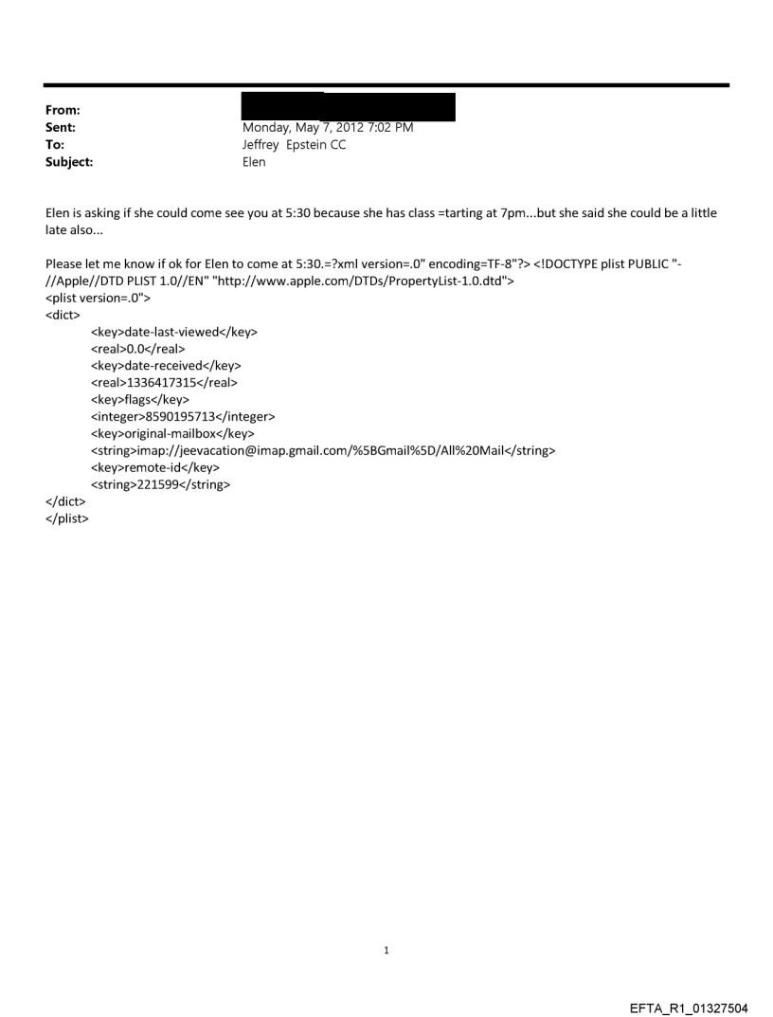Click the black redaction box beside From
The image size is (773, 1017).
[x=348, y=106]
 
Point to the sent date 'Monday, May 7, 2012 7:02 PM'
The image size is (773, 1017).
[x=328, y=127]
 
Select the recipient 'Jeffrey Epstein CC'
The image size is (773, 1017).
[x=295, y=145]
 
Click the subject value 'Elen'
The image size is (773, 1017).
[x=255, y=162]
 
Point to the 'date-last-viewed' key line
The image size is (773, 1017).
[x=173, y=332]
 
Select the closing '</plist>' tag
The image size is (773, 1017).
[x=66, y=518]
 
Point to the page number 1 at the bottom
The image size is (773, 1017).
[x=386, y=950]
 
